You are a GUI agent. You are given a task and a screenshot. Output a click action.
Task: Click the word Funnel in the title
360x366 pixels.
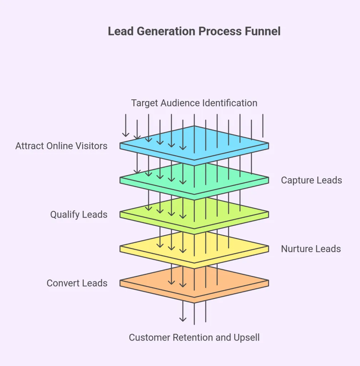pyautogui.click(x=262, y=31)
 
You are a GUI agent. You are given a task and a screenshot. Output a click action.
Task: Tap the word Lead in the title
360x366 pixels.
pyautogui.click(x=120, y=31)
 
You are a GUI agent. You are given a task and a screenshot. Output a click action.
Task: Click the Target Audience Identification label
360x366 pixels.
pyautogui.click(x=194, y=103)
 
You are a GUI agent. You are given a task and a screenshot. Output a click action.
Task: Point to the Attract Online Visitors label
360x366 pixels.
pyautogui.click(x=61, y=146)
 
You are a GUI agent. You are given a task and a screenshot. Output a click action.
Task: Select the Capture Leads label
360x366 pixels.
pyautogui.click(x=311, y=180)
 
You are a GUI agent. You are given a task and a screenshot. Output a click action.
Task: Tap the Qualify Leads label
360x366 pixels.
pyautogui.click(x=79, y=214)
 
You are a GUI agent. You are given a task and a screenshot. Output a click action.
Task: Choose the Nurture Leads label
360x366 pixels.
pyautogui.click(x=311, y=249)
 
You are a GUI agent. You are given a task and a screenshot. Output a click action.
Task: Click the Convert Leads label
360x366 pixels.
pyautogui.click(x=77, y=283)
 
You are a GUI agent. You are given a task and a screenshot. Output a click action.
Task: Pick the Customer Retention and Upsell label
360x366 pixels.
pyautogui.click(x=194, y=337)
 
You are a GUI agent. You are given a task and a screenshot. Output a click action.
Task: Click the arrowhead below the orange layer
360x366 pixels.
pyautogui.click(x=183, y=319)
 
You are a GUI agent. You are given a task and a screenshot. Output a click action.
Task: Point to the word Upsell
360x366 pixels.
pyautogui.click(x=247, y=337)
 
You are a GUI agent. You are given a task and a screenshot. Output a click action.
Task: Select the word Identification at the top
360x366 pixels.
pyautogui.click(x=230, y=103)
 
